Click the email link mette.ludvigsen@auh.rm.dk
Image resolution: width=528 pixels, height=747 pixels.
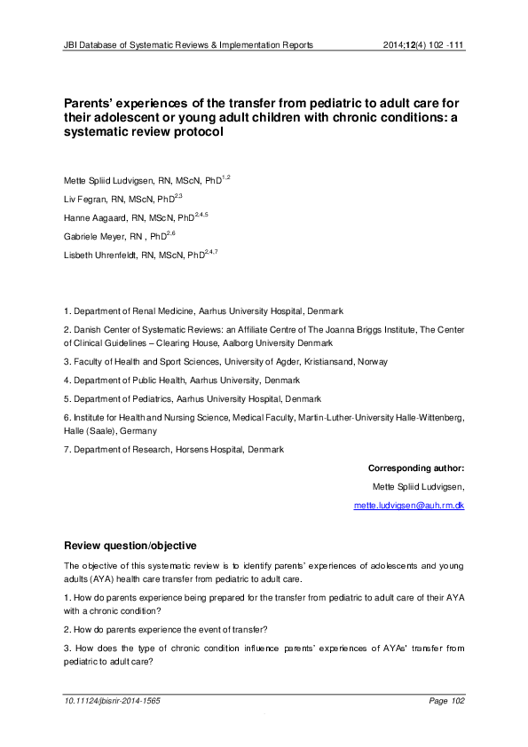pos(409,505)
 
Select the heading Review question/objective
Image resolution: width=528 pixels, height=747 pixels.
pos(131,544)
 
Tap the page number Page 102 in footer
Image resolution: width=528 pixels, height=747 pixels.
pos(445,701)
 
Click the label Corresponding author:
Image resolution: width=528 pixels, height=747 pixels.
pos(415,468)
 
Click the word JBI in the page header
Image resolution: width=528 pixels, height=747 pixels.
pos(71,43)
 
